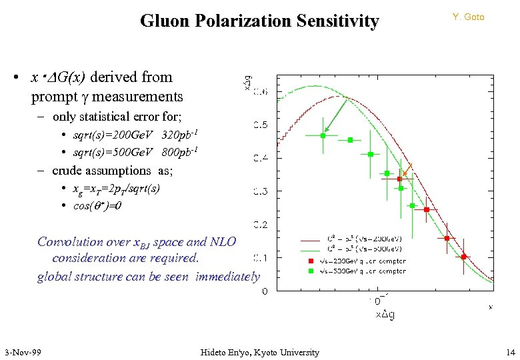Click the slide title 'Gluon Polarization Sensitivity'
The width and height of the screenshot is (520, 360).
(259, 21)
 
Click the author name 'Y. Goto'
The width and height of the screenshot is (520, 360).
(468, 17)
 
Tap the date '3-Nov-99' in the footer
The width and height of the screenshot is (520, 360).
(23, 352)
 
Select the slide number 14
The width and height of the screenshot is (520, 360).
(510, 352)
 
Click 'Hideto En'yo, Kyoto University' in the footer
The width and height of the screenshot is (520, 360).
(259, 352)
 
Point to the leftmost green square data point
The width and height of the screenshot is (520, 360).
(323, 135)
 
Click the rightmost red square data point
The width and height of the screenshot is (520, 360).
(464, 257)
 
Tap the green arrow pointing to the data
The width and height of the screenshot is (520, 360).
(333, 116)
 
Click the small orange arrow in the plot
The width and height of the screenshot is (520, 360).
(408, 169)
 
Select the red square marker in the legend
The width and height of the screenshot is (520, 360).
(310, 261)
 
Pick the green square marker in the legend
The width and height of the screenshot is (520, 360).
(310, 271)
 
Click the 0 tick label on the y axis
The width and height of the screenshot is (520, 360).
(265, 291)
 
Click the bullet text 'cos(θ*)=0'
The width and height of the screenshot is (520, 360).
(97, 205)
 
